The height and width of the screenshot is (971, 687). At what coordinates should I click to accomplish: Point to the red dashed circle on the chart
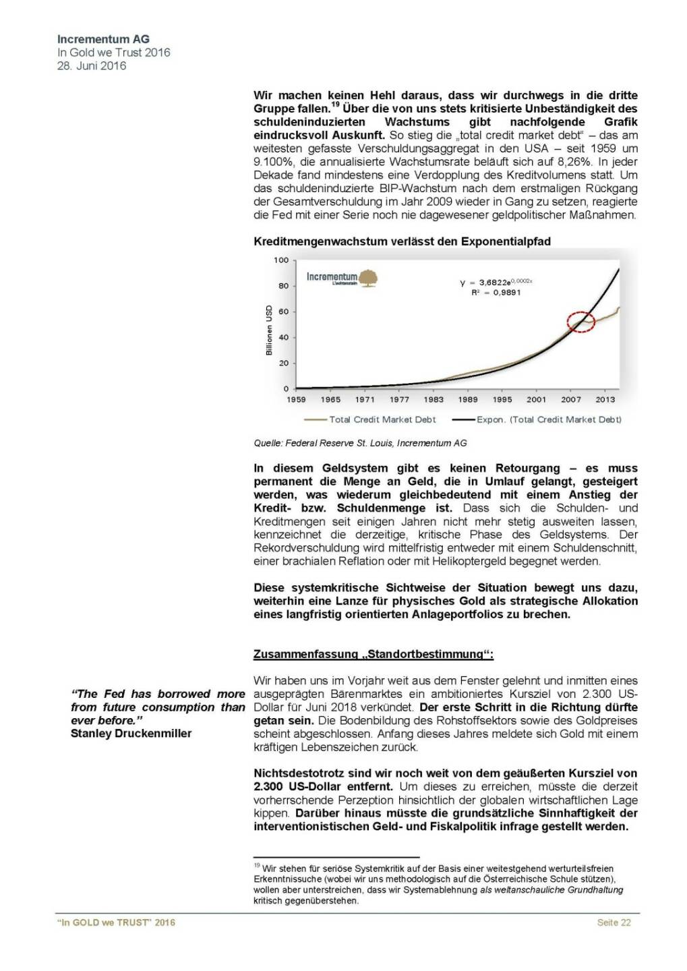tap(580, 322)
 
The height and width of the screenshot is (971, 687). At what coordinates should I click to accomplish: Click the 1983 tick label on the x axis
tap(434, 399)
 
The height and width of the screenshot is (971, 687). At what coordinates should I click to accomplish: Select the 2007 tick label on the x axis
tap(571, 399)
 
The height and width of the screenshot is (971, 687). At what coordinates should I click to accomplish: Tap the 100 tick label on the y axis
tap(281, 260)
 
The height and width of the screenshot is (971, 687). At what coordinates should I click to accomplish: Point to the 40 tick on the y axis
tap(284, 337)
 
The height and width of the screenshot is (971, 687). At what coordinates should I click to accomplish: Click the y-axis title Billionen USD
tap(268, 330)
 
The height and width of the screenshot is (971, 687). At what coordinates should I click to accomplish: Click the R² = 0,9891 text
tap(496, 293)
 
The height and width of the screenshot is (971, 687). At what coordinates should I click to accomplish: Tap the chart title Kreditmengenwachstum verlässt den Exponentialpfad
tap(402, 241)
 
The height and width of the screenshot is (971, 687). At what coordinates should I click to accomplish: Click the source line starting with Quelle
tap(360, 443)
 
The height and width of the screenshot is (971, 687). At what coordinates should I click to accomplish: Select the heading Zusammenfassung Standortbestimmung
tap(374, 654)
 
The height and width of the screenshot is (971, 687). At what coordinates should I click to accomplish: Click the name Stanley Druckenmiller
tap(131, 734)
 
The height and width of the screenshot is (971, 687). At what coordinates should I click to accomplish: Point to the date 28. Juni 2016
tap(92, 66)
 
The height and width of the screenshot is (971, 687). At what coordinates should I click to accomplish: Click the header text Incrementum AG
tap(103, 40)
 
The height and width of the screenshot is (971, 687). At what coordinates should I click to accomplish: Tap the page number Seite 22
tap(614, 922)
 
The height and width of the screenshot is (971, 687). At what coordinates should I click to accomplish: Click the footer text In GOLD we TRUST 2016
tap(116, 922)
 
